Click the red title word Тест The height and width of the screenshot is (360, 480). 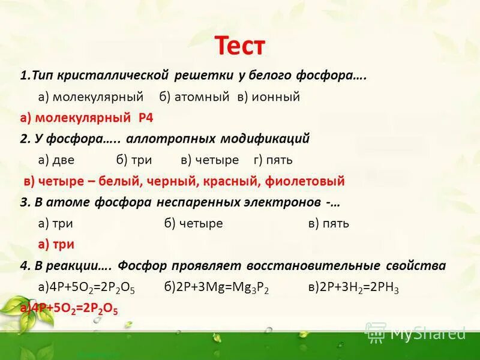[239, 46]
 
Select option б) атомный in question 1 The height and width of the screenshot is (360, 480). [195, 97]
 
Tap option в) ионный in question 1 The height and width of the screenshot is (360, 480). [268, 97]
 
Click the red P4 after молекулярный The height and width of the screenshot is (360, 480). [146, 118]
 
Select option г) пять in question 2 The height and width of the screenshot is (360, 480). [273, 160]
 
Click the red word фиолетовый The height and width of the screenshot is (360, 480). [309, 181]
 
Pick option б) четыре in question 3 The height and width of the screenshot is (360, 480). [194, 223]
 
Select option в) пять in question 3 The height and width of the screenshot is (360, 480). [329, 223]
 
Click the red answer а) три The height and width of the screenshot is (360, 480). [56, 244]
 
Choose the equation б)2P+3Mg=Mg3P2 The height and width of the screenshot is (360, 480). [217, 288]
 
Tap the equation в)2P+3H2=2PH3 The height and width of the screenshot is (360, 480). [353, 288]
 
